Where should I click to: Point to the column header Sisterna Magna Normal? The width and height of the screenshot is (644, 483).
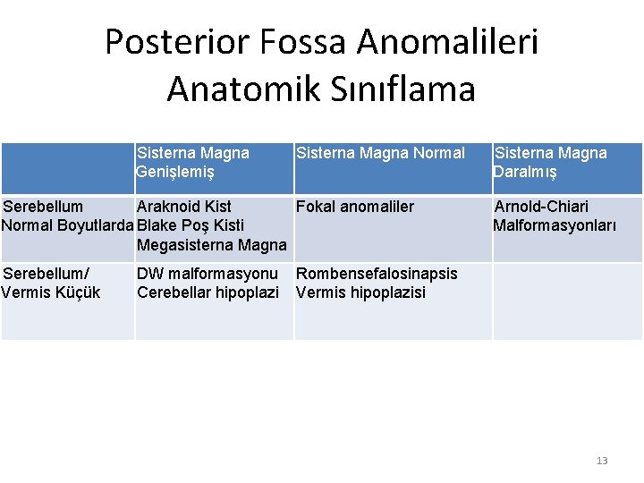point(380,153)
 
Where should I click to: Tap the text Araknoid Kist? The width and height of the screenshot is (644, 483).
point(183,207)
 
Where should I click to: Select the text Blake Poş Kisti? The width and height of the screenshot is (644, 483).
point(191,225)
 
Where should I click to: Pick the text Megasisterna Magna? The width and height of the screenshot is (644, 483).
point(212,244)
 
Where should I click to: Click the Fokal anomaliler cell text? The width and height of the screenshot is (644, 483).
point(355,207)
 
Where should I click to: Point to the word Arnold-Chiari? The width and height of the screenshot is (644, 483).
point(541,207)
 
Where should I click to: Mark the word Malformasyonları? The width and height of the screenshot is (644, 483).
point(555,225)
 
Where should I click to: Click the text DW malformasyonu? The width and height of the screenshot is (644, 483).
point(208,274)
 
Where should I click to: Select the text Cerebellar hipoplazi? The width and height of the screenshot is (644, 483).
point(208,292)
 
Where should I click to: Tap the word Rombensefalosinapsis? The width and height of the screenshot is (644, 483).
point(377,274)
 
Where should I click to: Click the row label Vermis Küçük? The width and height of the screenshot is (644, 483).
point(51,292)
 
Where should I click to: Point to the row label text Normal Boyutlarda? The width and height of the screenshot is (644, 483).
point(68,225)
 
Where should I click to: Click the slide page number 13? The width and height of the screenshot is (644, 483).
point(602,461)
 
